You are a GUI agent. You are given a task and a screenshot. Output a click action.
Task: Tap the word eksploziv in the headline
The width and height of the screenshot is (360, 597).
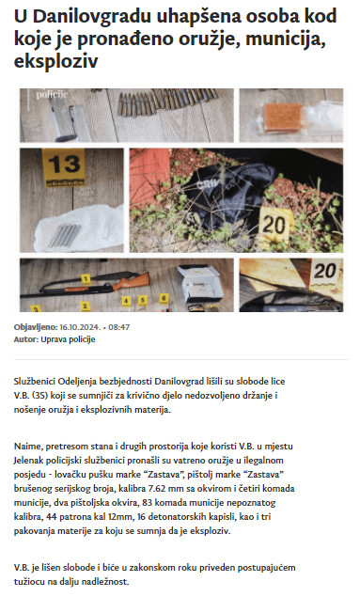click(56, 61)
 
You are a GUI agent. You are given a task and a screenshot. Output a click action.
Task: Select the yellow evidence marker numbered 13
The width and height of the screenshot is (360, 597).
click(64, 167)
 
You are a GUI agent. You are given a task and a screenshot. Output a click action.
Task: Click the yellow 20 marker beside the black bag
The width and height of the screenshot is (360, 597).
click(274, 225)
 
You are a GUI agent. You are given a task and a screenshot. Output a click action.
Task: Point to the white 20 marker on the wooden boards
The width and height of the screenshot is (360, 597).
click(324, 273)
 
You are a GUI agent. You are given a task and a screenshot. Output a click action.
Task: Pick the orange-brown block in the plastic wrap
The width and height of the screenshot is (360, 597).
click(284, 117)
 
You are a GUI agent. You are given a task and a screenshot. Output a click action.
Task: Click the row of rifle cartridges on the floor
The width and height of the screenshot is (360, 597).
click(166, 101)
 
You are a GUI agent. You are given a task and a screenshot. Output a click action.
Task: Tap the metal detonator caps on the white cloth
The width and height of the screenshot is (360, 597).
click(66, 234)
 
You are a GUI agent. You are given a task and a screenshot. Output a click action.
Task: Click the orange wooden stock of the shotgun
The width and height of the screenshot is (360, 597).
click(134, 281)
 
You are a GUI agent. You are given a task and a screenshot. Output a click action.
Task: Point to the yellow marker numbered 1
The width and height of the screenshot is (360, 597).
click(86, 279)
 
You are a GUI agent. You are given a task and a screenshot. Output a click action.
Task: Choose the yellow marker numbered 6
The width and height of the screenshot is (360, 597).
click(164, 298)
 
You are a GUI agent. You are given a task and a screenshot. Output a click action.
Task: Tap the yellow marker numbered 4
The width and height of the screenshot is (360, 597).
click(126, 301)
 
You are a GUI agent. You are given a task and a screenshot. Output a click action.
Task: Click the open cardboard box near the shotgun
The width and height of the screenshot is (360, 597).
click(200, 284)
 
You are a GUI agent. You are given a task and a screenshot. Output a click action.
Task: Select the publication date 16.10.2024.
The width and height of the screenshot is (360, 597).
click(80, 327)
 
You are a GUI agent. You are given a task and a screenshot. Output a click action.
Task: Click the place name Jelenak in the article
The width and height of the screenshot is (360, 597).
click(28, 461)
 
